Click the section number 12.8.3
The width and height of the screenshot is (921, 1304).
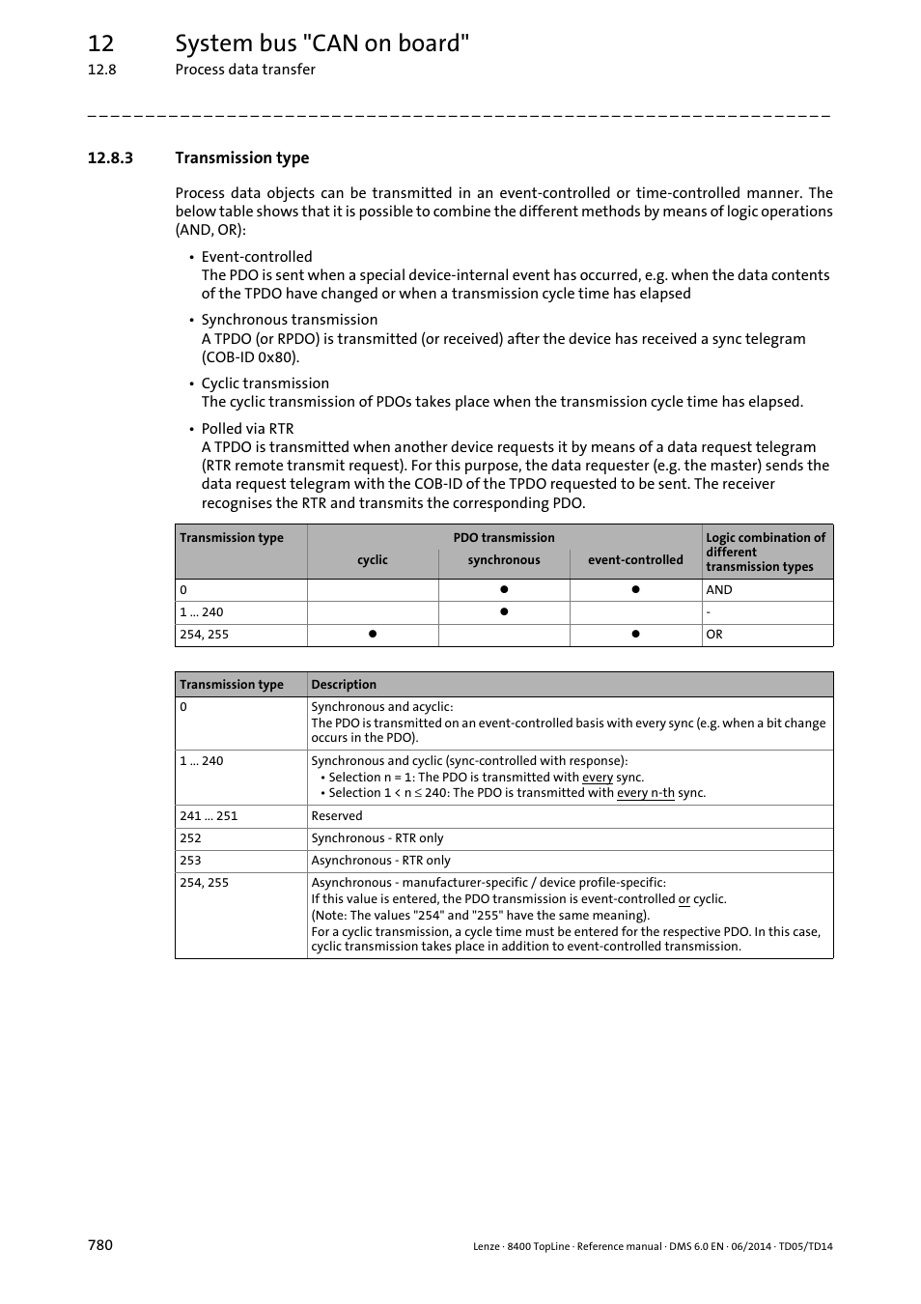click(x=109, y=158)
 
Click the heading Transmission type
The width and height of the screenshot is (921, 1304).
click(x=241, y=158)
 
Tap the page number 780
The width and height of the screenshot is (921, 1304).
click(x=99, y=1245)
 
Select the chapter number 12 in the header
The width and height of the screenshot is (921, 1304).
click(x=100, y=43)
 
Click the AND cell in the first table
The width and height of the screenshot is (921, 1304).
click(x=719, y=590)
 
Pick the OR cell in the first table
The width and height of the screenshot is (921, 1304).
click(x=714, y=635)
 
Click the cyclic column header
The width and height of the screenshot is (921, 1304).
click(x=373, y=560)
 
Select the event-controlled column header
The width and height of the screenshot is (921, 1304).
click(x=635, y=560)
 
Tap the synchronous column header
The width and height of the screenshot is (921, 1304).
click(x=504, y=560)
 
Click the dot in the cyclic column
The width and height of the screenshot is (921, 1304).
click(x=372, y=635)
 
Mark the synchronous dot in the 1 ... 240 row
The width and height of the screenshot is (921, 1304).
click(x=504, y=612)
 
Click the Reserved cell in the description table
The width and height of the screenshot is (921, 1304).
click(x=337, y=816)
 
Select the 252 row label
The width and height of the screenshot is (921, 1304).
click(x=190, y=838)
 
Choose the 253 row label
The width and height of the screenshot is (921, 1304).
click(x=190, y=861)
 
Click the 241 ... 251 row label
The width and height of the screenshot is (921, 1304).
click(x=209, y=816)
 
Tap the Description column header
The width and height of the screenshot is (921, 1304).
click(x=344, y=685)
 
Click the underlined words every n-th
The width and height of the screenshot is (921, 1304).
click(x=645, y=793)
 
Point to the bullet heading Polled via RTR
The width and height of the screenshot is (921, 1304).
click(x=247, y=429)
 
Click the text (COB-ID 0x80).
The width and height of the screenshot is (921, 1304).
click(x=250, y=357)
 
